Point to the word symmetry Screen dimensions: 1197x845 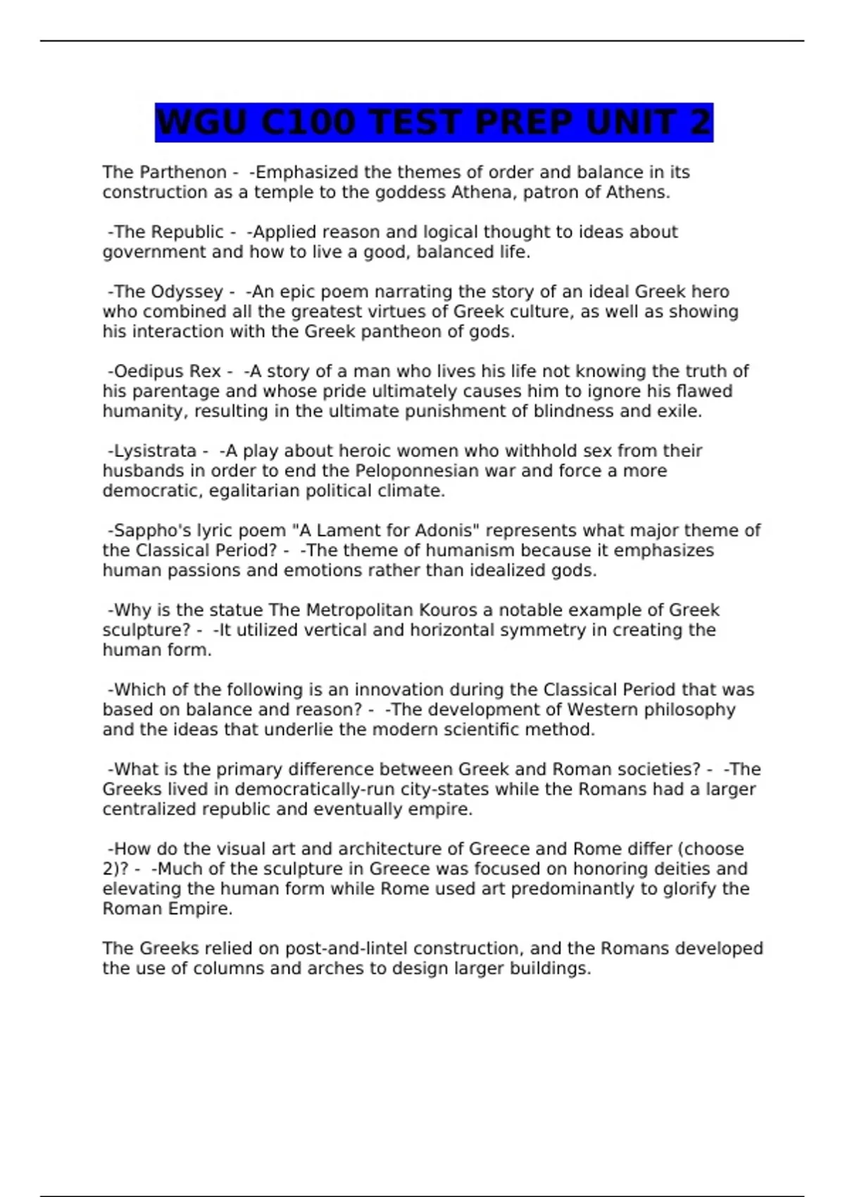533,629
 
